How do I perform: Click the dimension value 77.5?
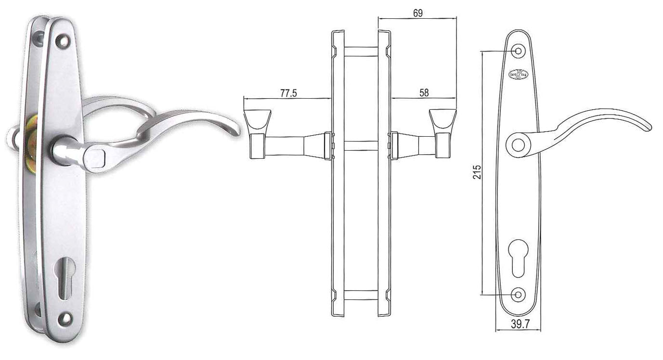(288, 93)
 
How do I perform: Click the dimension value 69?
(418, 13)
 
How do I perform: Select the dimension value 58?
(424, 93)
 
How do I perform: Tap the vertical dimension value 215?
(477, 172)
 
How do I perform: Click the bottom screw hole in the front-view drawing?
(518, 295)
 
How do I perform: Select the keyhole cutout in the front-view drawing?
(518, 257)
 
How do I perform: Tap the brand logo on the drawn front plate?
(518, 75)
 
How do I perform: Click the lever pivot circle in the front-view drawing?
(518, 144)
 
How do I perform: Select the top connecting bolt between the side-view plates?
(361, 51)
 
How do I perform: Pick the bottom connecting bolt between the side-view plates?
(361, 295)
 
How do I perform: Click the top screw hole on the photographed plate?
(62, 41)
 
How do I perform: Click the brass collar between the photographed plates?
(32, 137)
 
